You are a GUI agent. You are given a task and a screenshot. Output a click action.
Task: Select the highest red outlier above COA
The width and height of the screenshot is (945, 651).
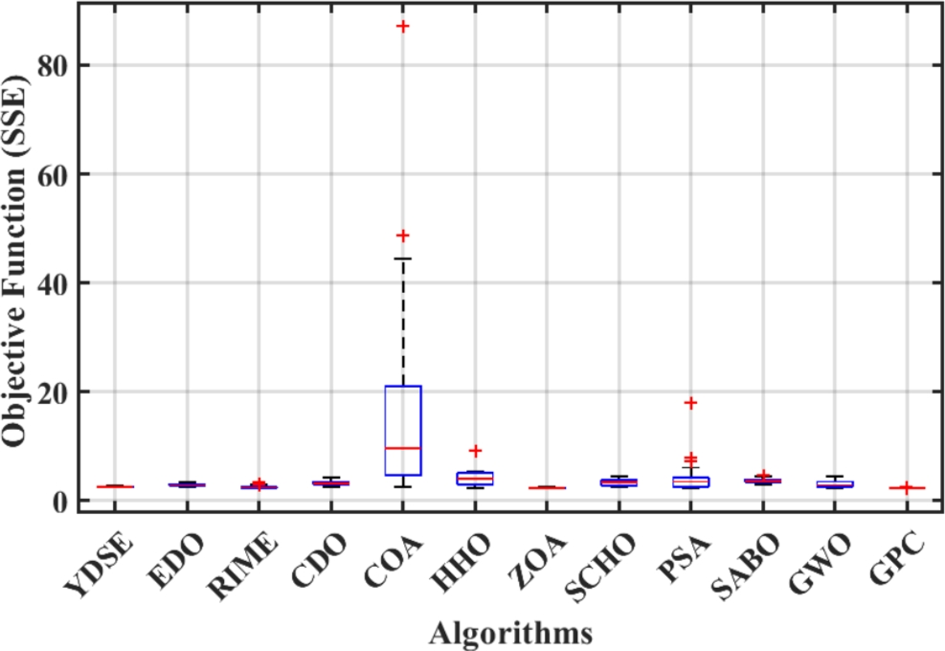pyautogui.click(x=403, y=26)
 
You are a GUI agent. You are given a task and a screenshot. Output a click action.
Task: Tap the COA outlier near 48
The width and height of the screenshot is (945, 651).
pyautogui.click(x=403, y=236)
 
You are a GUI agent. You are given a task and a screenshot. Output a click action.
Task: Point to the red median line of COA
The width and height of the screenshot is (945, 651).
pyautogui.click(x=403, y=448)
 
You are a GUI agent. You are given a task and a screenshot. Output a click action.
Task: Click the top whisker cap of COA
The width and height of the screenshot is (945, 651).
pyautogui.click(x=403, y=258)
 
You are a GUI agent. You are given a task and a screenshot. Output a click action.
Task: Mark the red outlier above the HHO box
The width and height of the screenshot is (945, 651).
pyautogui.click(x=475, y=450)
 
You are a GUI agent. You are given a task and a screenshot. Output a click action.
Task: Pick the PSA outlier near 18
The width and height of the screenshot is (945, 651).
pyautogui.click(x=690, y=403)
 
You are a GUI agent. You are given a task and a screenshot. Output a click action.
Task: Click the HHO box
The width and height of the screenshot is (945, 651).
pyautogui.click(x=475, y=478)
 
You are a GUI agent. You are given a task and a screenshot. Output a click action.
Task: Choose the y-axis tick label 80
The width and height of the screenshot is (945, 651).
pyautogui.click(x=53, y=65)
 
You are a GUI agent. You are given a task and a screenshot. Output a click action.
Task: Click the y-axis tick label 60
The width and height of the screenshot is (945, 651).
pyautogui.click(x=53, y=174)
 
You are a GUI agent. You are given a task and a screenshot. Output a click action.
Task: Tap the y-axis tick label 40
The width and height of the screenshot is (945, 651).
pyautogui.click(x=53, y=283)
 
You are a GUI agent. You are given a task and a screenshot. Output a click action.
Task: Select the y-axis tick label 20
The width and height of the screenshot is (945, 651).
pyautogui.click(x=53, y=393)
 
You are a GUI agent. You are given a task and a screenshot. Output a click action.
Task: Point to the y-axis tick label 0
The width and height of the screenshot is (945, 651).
pyautogui.click(x=61, y=502)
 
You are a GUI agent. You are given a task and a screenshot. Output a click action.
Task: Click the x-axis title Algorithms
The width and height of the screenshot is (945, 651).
pyautogui.click(x=509, y=633)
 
